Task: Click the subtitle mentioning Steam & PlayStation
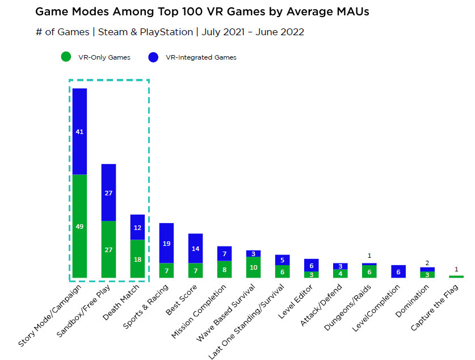[170, 32]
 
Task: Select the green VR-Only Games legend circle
[66, 57]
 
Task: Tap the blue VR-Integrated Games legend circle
[153, 57]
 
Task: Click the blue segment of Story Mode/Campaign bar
[79, 131]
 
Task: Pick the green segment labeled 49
[79, 227]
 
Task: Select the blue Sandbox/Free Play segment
[108, 192]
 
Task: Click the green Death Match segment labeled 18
[137, 259]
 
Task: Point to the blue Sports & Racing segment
[166, 243]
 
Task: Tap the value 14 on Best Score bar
[195, 249]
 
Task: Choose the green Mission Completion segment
[224, 270]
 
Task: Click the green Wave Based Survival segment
[253, 267]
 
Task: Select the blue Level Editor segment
[311, 265]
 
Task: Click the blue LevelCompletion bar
[398, 271]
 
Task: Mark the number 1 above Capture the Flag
[456, 269]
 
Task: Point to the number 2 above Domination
[427, 263]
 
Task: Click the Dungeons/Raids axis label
[347, 307]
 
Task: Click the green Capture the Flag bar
[456, 277]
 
